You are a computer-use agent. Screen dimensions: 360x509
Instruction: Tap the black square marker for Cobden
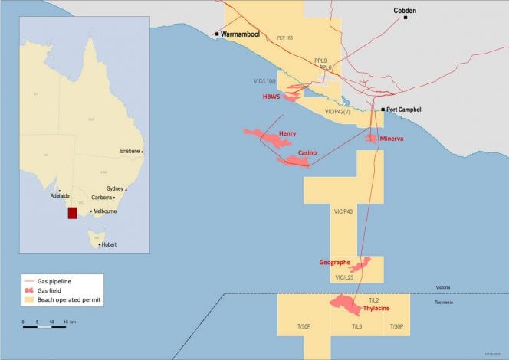406,18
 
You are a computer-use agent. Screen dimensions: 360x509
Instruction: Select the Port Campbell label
406,110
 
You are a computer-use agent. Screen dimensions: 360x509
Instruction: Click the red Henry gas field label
287,133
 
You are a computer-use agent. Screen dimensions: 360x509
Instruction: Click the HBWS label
271,97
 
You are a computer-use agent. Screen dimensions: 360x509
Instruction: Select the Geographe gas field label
334,263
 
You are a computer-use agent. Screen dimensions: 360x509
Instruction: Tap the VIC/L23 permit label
344,277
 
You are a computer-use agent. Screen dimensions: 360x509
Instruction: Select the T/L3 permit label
356,327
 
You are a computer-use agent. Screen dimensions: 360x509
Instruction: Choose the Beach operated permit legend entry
69,299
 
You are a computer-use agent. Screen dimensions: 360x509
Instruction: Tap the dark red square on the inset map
73,212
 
